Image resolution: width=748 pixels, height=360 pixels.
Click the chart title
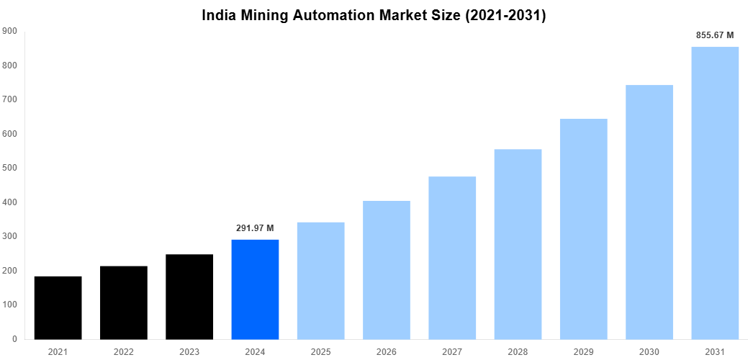pos(374,15)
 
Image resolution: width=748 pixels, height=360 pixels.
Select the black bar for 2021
pos(58,307)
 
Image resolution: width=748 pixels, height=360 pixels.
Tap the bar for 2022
pos(124,302)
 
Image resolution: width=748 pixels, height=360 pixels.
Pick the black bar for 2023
pos(189,297)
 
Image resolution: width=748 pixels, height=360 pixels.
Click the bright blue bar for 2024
pos(255,289)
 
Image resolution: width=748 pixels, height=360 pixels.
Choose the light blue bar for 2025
pos(320,281)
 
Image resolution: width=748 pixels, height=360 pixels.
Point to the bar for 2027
pos(452,258)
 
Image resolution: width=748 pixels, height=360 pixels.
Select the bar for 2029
pos(583,229)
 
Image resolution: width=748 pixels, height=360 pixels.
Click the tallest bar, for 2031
pos(715,193)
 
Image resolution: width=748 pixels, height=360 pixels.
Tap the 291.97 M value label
pos(255,228)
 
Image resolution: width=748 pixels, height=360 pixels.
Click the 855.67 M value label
pos(715,35)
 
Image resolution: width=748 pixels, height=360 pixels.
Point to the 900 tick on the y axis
pos(9,31)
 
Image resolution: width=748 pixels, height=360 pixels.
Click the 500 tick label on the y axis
pos(9,168)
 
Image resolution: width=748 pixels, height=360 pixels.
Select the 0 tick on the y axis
pos(14,339)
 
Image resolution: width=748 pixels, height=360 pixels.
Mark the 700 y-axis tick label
pos(9,99)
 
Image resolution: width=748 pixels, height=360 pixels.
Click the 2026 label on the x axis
pos(387,351)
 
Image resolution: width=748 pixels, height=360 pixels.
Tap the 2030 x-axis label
pos(649,351)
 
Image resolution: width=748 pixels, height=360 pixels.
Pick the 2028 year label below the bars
pos(518,351)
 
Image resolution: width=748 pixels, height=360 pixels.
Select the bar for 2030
pos(649,212)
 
